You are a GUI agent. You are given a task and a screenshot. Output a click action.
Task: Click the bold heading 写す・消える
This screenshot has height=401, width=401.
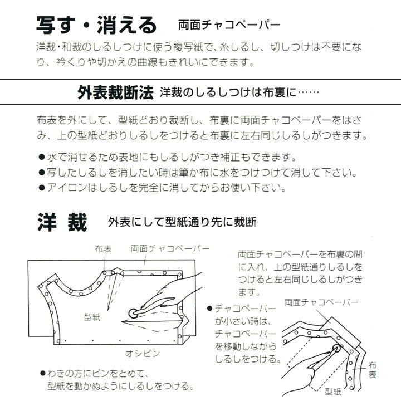[96, 24]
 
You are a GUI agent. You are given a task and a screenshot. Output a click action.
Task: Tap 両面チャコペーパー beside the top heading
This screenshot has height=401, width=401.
[228, 26]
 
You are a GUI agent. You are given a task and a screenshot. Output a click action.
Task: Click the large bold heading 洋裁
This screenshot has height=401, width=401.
[62, 222]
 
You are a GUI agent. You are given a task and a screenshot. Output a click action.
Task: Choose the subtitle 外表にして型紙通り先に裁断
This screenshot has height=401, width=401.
[182, 223]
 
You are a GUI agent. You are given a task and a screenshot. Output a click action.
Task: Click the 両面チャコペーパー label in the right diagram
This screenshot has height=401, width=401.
[321, 302]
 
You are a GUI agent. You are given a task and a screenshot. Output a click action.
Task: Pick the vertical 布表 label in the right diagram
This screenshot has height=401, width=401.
[372, 370]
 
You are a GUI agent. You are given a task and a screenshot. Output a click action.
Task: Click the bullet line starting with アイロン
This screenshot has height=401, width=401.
[164, 188]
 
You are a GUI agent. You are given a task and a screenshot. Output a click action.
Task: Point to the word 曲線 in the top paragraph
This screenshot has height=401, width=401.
[137, 62]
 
